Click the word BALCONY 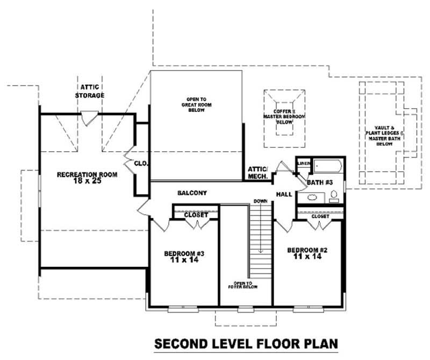click(x=192, y=193)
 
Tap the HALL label click(x=283, y=194)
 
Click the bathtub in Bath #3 click(x=326, y=166)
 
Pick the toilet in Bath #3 click(x=333, y=195)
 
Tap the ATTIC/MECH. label click(x=257, y=172)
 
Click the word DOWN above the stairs click(x=261, y=201)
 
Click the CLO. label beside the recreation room click(x=141, y=163)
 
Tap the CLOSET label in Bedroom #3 click(x=196, y=215)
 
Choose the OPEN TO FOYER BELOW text click(x=245, y=285)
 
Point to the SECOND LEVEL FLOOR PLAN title click(x=246, y=343)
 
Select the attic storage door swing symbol click(x=89, y=116)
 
